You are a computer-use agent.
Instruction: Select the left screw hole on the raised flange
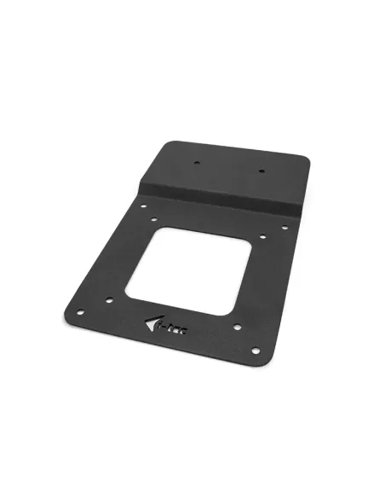(195, 161)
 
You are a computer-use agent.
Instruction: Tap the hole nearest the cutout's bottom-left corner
(109, 299)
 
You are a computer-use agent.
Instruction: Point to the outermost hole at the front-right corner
(254, 349)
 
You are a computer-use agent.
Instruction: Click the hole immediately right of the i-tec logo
(234, 327)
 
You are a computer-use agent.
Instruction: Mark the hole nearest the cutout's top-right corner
(262, 236)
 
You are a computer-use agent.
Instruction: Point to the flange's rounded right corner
(305, 160)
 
